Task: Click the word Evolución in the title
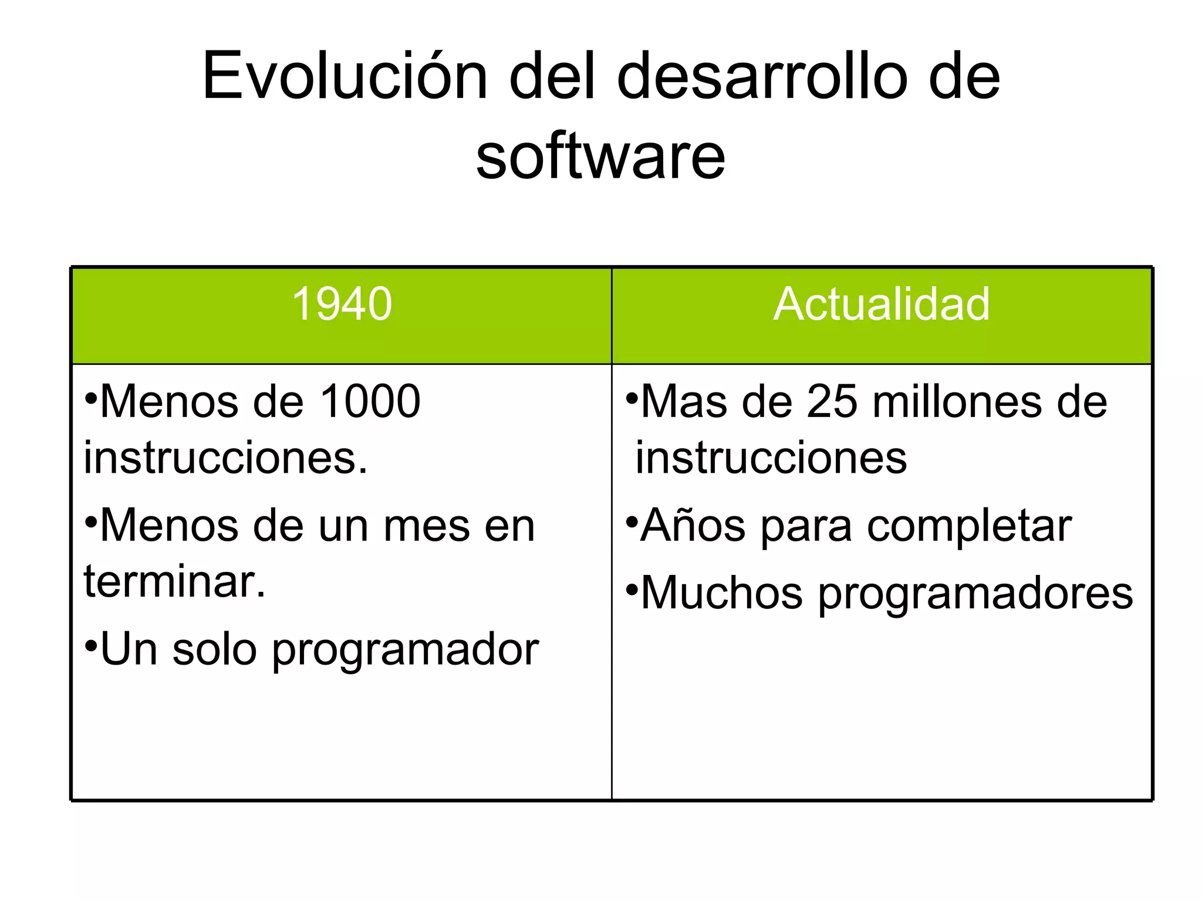(345, 76)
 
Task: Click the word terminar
(174, 582)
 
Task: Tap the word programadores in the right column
(975, 594)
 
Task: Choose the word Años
(693, 526)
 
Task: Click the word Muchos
(722, 594)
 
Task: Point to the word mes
(427, 526)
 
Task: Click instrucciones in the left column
(225, 458)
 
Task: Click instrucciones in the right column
(771, 458)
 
